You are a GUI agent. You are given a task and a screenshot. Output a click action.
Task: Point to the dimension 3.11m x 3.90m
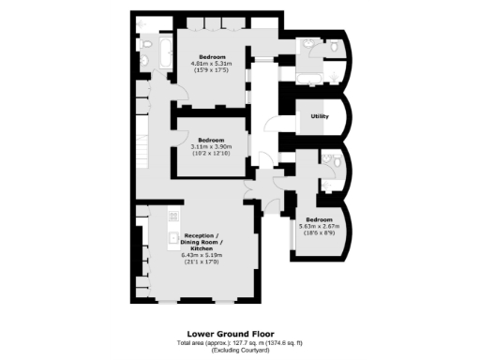[x=210, y=146]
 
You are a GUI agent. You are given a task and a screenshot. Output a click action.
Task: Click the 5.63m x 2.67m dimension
[x=317, y=226]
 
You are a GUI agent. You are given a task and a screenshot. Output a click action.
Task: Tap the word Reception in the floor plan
[x=201, y=234]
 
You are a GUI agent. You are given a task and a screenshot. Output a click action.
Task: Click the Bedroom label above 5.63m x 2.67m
[x=317, y=219]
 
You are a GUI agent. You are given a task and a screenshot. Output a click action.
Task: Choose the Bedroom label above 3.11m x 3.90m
[x=210, y=140]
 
